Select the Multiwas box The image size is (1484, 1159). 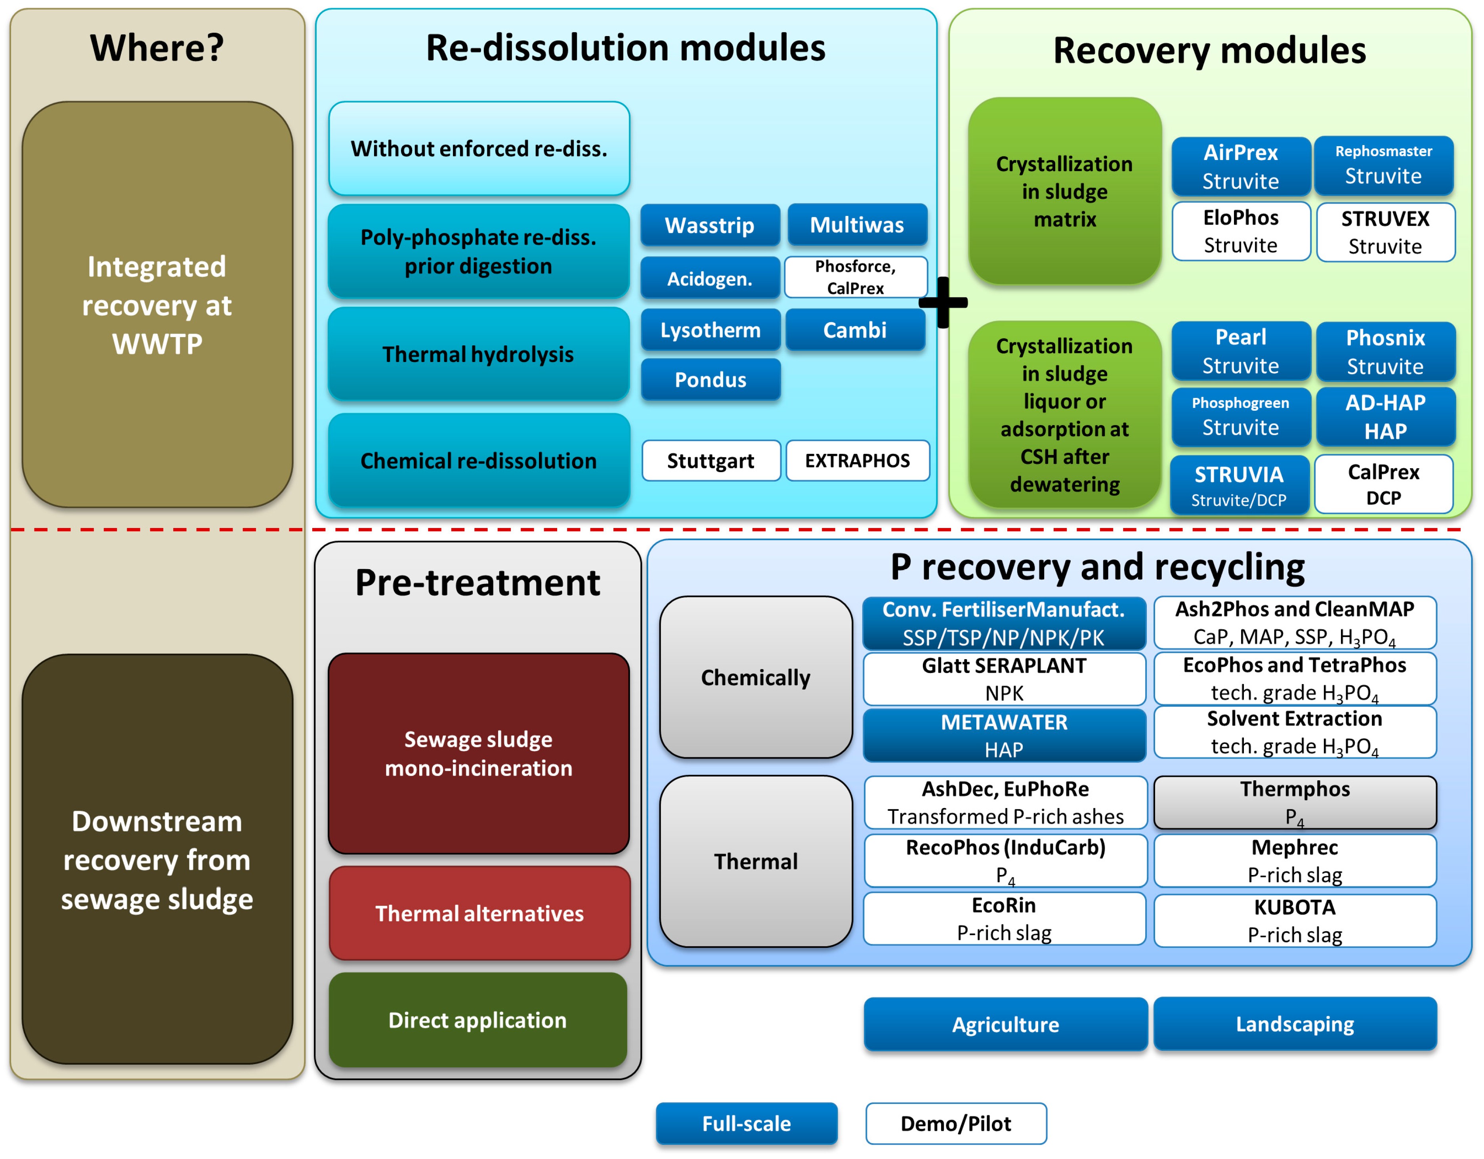pos(857,225)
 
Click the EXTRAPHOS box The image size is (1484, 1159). pos(857,461)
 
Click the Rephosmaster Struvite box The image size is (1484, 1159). pos(1383,165)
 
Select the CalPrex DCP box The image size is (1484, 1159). pos(1383,484)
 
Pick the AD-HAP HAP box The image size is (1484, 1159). pos(1385,416)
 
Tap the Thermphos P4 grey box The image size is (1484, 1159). pos(1295,803)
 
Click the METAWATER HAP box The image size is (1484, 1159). pos(1004,735)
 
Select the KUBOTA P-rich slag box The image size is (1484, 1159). pos(1295,921)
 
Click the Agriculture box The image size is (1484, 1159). pos(1005,1024)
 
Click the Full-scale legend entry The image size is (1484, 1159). pos(746,1123)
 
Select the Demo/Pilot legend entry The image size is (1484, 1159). pos(955,1123)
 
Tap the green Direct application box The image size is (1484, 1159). pos(477,1020)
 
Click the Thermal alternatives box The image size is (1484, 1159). pos(479,913)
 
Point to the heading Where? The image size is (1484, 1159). pos(157,48)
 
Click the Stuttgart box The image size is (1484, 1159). pos(710,461)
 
